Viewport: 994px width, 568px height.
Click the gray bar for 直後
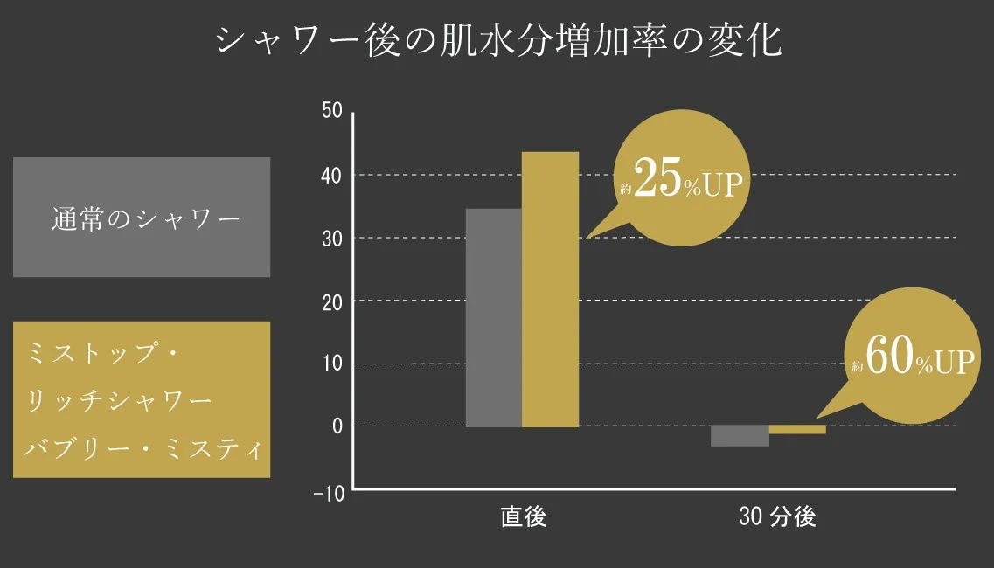point(493,317)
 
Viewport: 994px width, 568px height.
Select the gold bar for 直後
point(550,289)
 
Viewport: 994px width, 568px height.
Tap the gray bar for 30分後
point(740,435)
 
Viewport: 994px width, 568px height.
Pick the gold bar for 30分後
point(797,429)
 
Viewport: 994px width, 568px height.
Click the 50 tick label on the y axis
point(331,113)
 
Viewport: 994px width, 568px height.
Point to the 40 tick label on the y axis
point(331,176)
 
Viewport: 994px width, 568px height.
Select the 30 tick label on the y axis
point(331,239)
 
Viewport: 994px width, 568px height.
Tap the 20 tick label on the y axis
point(331,301)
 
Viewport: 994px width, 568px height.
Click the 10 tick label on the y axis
point(331,364)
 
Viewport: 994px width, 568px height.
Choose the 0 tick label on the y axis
point(337,426)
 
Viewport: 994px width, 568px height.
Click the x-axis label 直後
point(524,517)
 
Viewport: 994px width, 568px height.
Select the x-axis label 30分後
point(777,517)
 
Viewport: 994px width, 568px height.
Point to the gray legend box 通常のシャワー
point(142,218)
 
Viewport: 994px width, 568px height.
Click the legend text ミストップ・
point(103,354)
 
